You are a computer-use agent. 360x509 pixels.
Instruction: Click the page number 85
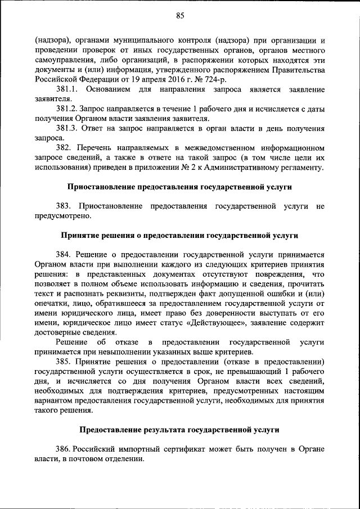179,16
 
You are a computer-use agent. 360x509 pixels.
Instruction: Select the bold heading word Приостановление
105,186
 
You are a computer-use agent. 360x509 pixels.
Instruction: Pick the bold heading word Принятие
80,235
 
